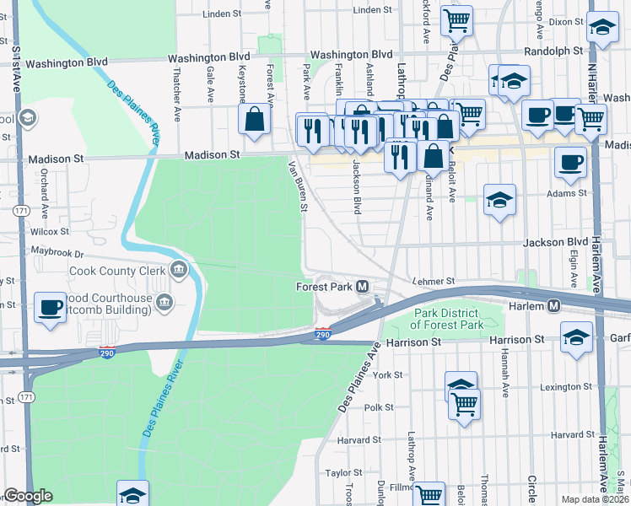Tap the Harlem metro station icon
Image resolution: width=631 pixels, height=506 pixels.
click(554, 305)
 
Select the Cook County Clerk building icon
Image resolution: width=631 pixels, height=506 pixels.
click(178, 271)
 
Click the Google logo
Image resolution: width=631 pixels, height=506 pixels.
click(28, 496)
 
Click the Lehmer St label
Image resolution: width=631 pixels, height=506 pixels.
click(434, 281)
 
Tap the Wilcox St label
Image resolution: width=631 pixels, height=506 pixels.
click(50, 230)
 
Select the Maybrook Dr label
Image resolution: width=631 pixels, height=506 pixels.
click(57, 252)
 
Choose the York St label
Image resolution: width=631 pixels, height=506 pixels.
click(388, 374)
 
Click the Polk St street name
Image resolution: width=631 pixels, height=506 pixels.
click(379, 407)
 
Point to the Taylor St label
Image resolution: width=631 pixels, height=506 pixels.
click(343, 473)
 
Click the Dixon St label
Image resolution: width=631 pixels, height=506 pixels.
click(566, 21)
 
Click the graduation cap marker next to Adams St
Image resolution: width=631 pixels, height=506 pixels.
click(499, 201)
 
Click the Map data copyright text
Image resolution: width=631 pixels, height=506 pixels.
click(595, 499)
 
